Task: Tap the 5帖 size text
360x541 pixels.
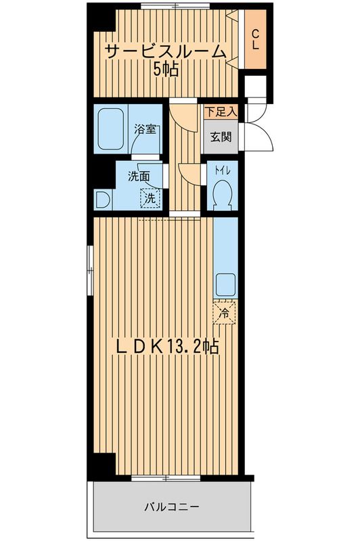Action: [165, 69]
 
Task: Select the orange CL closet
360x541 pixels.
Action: [256, 40]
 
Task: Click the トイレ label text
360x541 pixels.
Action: [223, 172]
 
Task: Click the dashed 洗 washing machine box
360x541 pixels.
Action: [149, 199]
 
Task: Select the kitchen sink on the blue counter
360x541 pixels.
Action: [225, 283]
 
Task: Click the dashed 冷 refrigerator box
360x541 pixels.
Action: [225, 312]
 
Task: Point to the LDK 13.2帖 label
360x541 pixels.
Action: [165, 346]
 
